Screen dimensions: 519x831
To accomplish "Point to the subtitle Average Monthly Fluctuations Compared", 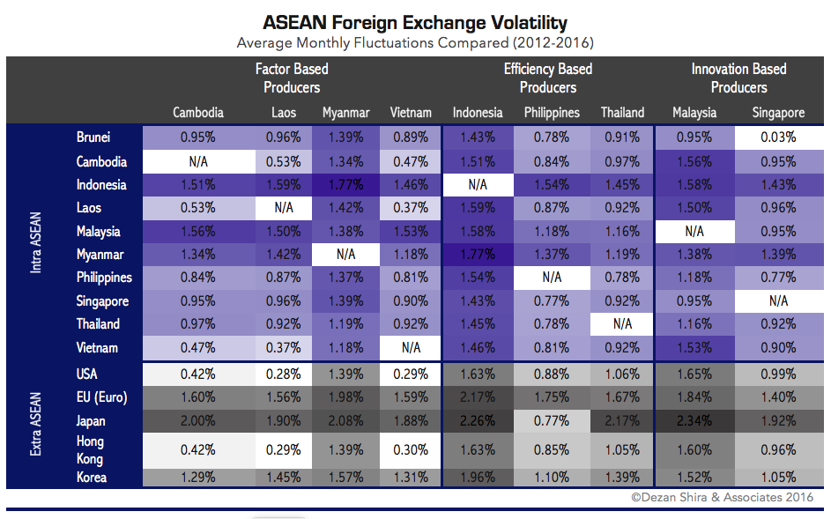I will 415,42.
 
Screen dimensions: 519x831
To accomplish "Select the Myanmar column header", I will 345,113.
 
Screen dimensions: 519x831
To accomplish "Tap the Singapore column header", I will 778,113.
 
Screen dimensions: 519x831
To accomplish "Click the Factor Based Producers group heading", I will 292,78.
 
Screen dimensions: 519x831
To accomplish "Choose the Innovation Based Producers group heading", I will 738,78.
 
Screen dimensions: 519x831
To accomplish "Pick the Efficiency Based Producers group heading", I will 547,78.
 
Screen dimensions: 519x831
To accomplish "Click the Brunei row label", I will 93,137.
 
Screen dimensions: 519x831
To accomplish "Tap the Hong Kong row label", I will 90,449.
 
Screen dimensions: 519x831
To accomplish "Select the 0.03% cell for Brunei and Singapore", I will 778,137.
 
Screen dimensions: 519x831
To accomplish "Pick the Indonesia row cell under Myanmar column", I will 345,185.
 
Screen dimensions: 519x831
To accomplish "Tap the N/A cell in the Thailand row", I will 622,324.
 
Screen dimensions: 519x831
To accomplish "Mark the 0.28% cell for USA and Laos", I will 284,374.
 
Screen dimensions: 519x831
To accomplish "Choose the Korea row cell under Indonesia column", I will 478,478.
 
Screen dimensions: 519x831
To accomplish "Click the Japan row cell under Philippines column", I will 552,420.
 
